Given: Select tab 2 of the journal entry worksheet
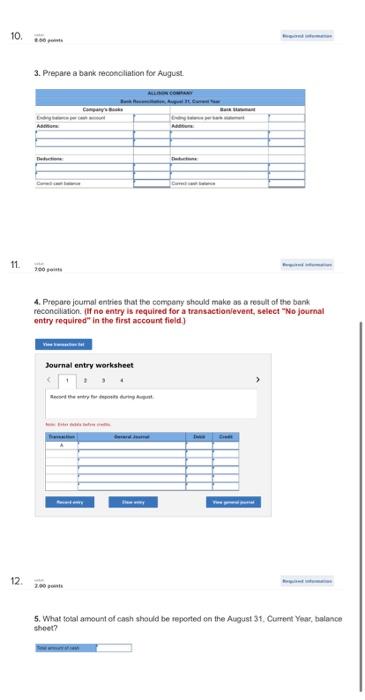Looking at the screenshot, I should pos(86,408).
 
